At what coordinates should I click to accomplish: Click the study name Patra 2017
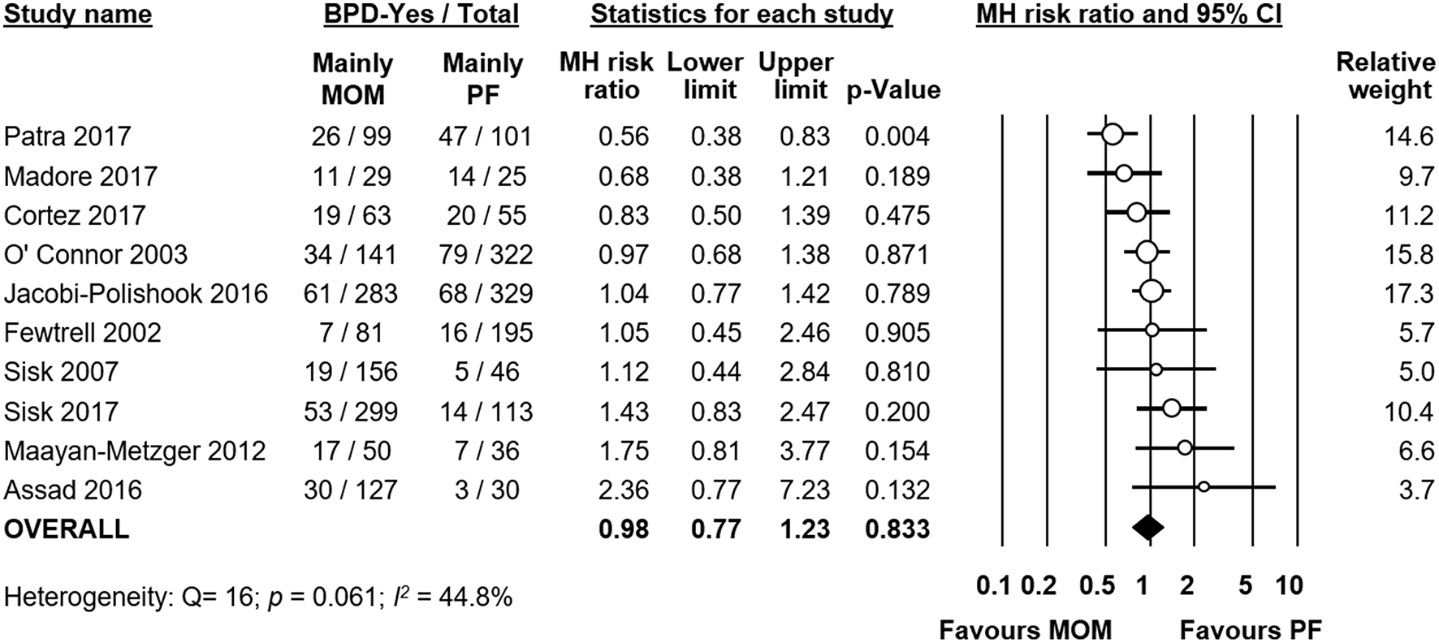(67, 136)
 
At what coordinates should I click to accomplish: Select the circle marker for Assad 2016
(1203, 487)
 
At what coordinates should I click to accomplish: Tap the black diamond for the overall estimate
(1147, 528)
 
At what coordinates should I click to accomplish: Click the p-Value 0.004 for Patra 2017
(897, 136)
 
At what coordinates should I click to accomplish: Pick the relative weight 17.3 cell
(1408, 293)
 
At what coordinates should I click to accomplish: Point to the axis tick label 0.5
(1096, 586)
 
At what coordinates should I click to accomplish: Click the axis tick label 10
(1290, 586)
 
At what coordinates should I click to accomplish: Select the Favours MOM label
(1025, 629)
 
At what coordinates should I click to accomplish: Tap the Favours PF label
(1251, 629)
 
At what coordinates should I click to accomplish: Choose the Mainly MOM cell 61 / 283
(351, 293)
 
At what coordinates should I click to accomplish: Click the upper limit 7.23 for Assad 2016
(804, 490)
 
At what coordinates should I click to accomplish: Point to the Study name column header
(78, 15)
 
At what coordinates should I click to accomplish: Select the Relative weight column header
(1385, 76)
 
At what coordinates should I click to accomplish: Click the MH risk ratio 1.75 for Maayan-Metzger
(623, 451)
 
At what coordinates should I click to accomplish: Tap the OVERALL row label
(67, 529)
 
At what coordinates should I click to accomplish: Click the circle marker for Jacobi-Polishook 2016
(1151, 290)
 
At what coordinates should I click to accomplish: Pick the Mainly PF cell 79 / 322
(486, 255)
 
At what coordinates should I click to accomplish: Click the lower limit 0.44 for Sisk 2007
(715, 372)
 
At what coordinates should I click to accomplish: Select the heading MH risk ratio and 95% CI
(1129, 15)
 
